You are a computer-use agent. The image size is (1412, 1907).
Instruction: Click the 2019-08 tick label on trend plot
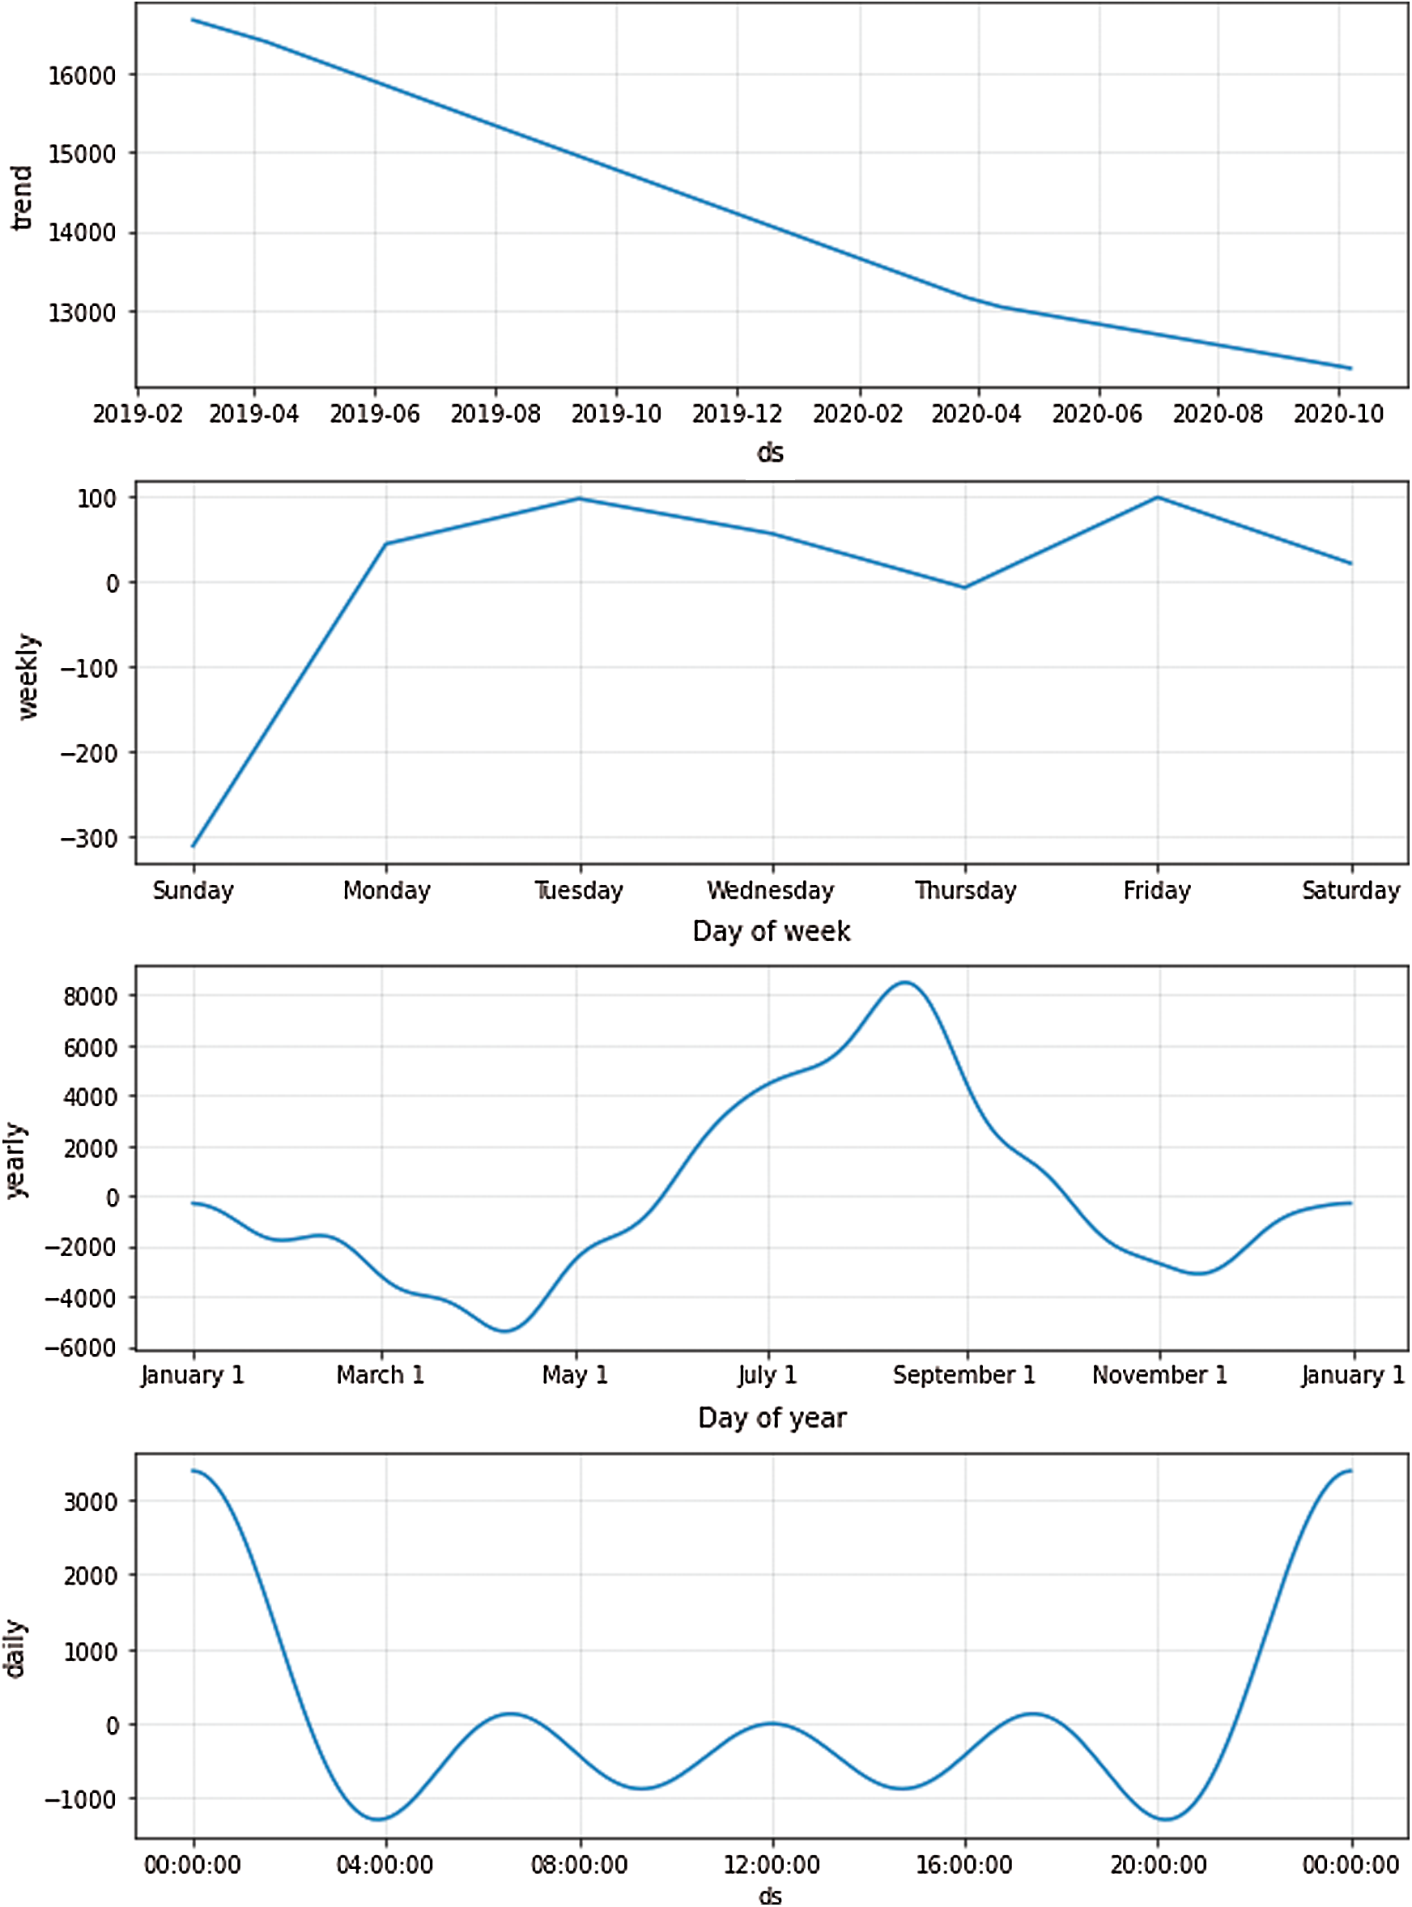495,414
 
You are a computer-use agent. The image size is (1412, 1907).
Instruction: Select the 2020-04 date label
976,414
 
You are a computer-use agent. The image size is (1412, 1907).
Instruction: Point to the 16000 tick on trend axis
81,76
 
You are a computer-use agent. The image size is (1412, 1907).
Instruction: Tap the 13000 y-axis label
81,313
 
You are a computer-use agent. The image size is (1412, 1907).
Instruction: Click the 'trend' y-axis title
20,198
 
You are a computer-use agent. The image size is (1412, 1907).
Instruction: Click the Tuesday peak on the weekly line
580,498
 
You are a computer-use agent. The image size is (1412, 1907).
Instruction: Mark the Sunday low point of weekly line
194,846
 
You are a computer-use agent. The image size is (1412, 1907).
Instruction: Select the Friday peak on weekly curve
1157,496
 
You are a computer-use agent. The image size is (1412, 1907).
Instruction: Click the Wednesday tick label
770,890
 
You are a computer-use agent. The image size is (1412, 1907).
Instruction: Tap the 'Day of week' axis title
771,931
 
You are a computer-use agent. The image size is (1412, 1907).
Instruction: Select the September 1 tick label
963,1374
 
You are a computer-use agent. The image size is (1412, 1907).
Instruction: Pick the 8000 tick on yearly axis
90,997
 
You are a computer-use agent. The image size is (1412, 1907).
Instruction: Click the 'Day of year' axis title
771,1417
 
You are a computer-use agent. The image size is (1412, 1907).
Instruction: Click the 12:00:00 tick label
771,1864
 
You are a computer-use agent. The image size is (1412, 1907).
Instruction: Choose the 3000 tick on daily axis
90,1502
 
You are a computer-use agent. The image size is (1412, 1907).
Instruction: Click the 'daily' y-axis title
15,1648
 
